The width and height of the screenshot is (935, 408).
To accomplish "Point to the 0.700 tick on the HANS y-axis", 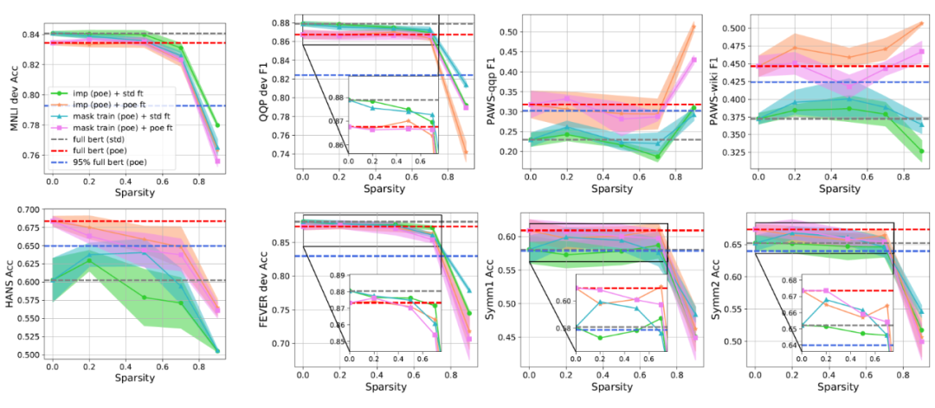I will (26, 210).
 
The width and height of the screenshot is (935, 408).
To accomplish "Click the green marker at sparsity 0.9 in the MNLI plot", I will (217, 125).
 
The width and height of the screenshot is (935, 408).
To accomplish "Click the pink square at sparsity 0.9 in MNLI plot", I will (217, 161).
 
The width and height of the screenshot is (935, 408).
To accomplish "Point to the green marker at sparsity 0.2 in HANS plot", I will (88, 260).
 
